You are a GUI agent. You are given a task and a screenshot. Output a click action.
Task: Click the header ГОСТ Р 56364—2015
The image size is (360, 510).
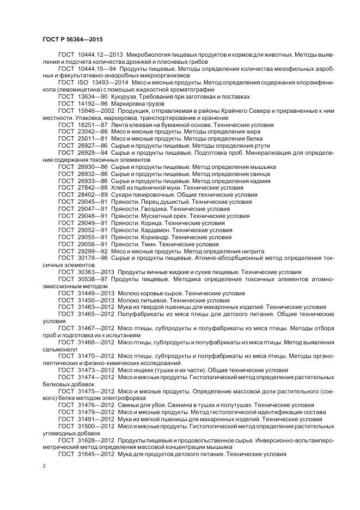coord(72,40)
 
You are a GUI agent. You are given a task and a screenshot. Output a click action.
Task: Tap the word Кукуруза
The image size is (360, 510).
coord(124,96)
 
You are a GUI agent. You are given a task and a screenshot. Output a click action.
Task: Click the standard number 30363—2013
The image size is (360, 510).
coord(96,272)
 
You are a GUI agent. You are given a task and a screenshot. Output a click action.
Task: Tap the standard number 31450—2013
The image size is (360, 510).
coord(96,300)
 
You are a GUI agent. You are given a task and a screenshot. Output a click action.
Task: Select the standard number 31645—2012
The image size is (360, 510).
coord(96,454)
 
